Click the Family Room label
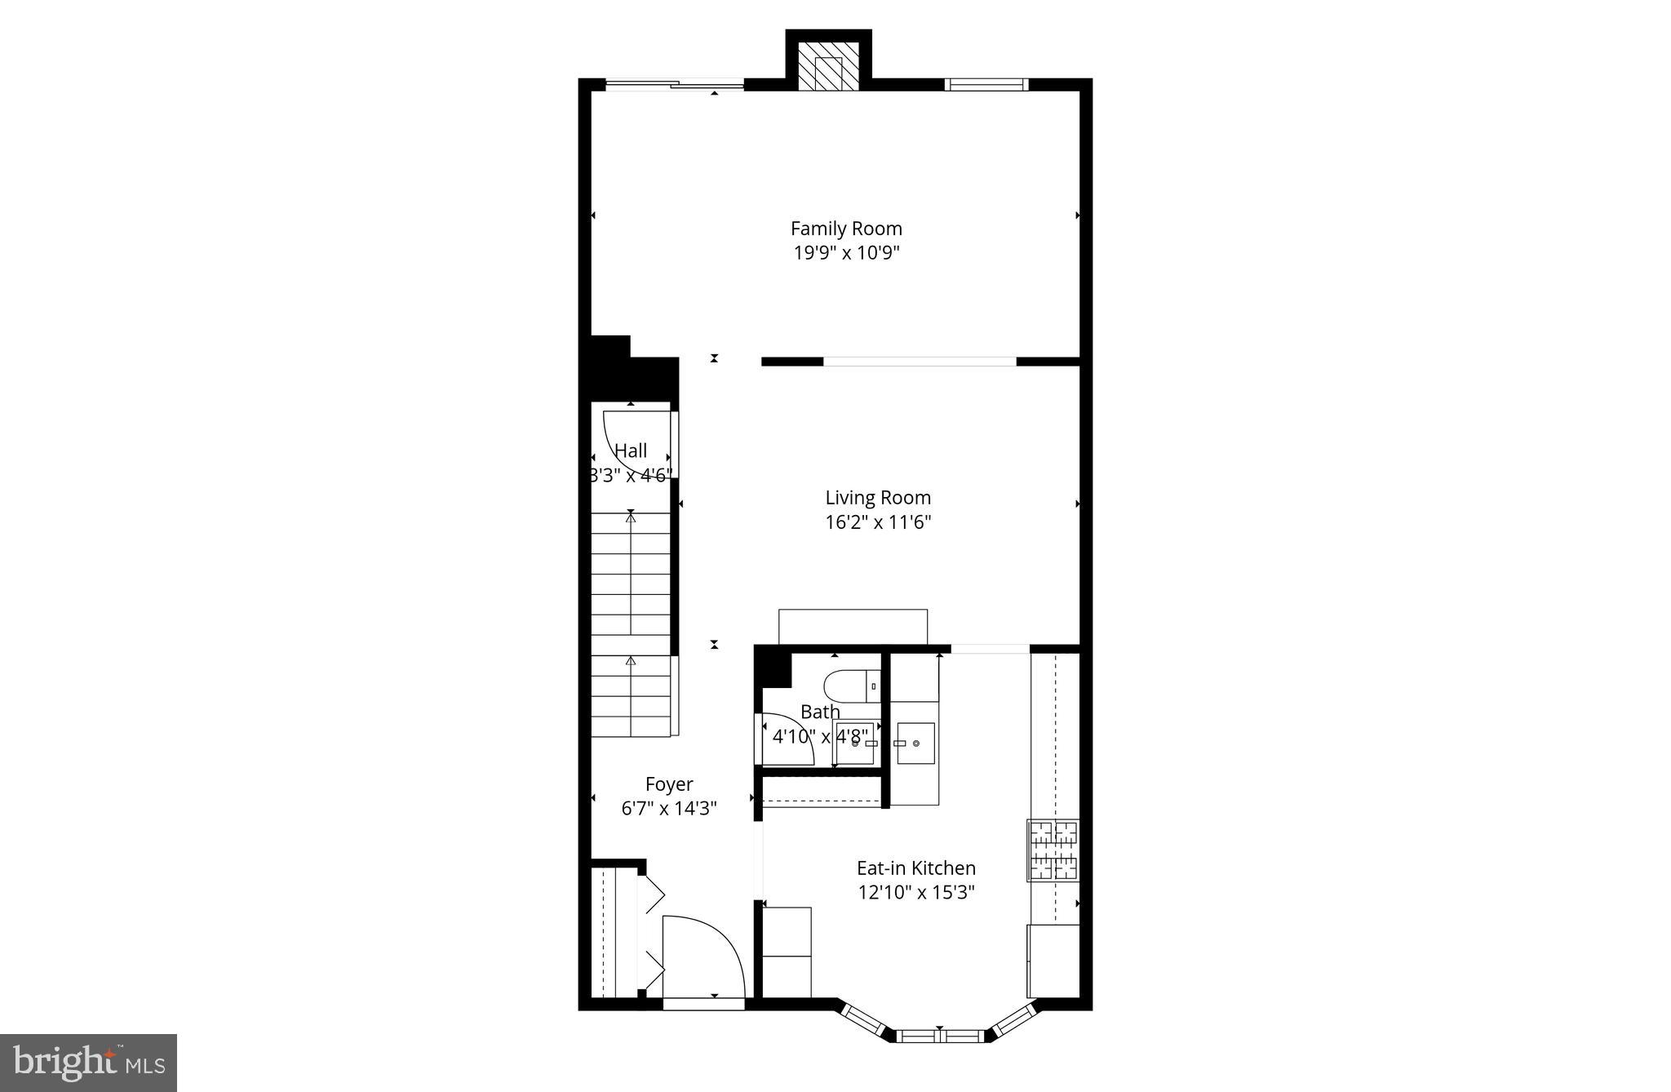(846, 229)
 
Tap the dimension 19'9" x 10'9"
(846, 253)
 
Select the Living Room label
(878, 497)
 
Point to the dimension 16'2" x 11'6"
(878, 522)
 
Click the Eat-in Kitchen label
(915, 868)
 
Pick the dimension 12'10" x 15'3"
(915, 892)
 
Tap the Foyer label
(669, 784)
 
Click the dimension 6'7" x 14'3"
(669, 809)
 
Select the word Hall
(631, 451)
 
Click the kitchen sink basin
(915, 743)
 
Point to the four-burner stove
(1053, 850)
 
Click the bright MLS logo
(89, 1063)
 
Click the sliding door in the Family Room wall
(675, 83)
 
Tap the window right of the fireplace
(986, 83)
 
